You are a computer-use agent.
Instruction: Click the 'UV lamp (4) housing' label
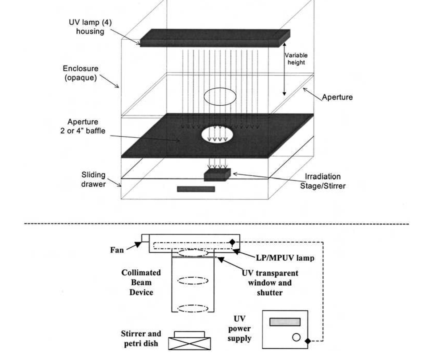(90, 27)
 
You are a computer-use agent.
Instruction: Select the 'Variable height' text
(296, 59)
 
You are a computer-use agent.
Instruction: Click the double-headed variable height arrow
(284, 69)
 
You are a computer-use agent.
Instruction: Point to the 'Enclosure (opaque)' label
(81, 73)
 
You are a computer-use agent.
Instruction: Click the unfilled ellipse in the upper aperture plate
(220, 97)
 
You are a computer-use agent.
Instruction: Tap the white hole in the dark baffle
(217, 135)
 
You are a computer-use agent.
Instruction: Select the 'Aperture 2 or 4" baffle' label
(83, 126)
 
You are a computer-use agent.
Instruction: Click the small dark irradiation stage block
(217, 175)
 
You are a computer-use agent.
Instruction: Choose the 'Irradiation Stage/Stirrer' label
(323, 181)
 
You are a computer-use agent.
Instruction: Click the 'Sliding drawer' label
(93, 179)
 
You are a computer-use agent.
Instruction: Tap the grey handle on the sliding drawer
(196, 189)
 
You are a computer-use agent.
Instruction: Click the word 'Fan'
(117, 250)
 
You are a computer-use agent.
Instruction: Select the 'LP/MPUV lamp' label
(285, 258)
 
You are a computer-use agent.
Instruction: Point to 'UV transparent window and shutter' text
(270, 283)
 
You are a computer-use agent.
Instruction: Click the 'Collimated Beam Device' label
(141, 283)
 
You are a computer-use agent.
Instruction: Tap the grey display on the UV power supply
(285, 322)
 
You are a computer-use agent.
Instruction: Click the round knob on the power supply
(296, 337)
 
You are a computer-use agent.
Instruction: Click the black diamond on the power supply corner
(308, 341)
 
